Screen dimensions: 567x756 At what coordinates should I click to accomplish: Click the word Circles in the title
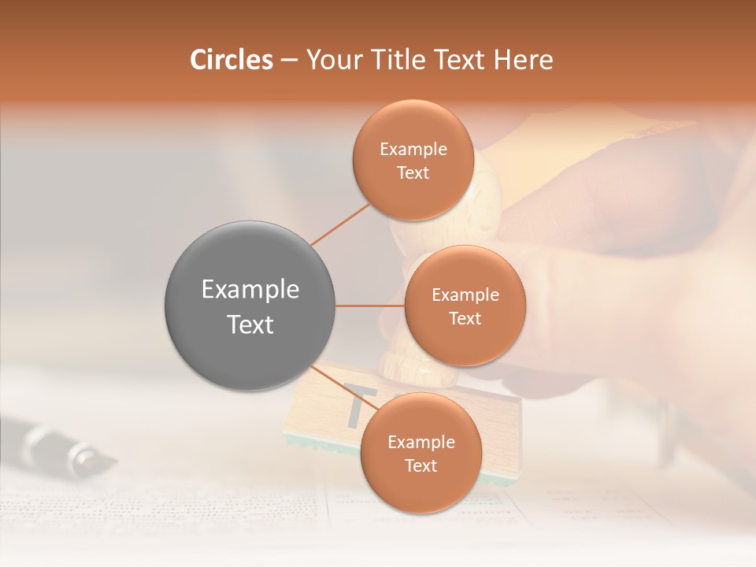click(232, 60)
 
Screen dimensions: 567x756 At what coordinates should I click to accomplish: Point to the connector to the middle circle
click(370, 306)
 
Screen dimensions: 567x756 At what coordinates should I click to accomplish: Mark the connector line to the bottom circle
click(339, 386)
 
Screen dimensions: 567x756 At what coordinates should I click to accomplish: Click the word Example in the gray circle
click(250, 290)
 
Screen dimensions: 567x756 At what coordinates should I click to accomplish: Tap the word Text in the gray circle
click(250, 324)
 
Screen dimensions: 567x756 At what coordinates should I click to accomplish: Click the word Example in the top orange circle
click(413, 150)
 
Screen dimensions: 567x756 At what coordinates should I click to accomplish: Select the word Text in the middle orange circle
click(465, 318)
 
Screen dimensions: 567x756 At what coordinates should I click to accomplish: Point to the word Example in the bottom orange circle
click(421, 443)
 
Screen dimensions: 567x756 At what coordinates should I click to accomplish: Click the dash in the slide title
click(289, 61)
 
